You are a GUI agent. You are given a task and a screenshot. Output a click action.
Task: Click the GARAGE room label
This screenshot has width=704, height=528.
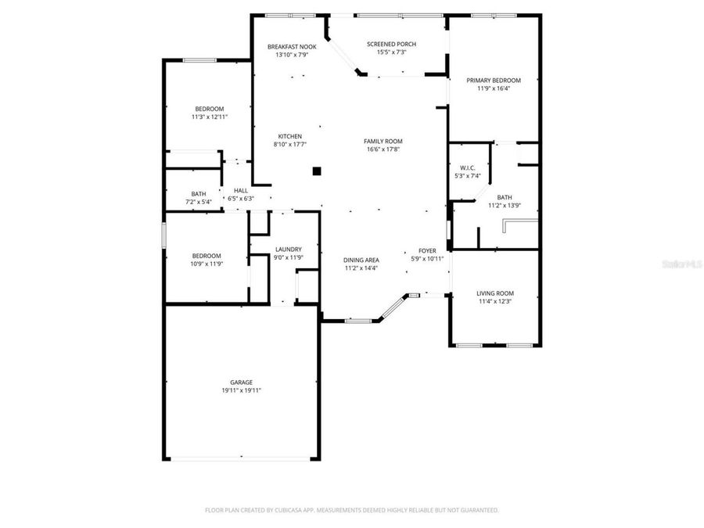241,382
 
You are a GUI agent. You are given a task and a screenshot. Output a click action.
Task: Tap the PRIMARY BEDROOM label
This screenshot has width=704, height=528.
494,80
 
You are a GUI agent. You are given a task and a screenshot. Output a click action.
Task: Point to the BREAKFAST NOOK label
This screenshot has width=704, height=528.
292,47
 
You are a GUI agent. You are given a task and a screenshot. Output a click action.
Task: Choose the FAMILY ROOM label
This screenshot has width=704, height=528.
383,141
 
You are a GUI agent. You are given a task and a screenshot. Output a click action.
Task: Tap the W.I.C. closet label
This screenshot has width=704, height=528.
468,167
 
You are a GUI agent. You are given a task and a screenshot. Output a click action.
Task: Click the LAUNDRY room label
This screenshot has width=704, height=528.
289,250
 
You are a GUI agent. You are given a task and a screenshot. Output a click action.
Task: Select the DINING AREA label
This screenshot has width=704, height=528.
361,260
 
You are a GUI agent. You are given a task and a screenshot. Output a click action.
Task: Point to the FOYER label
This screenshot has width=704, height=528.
427,250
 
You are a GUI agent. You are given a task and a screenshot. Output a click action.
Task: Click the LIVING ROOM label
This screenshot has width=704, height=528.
495,293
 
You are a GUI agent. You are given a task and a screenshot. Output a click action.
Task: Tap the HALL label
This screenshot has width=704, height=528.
240,190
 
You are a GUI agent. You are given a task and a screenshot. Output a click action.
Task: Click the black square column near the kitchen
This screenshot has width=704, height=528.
317,171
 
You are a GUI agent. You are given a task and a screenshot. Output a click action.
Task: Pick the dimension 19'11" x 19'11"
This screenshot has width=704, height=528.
241,390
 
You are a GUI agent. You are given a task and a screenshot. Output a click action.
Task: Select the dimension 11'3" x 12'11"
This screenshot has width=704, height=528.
210,117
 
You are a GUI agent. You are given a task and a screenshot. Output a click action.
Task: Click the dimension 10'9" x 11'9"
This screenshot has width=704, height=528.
207,264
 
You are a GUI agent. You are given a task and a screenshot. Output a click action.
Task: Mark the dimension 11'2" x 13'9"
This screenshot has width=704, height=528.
505,206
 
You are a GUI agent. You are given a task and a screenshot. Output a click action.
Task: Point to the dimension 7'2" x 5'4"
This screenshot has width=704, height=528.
199,202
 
